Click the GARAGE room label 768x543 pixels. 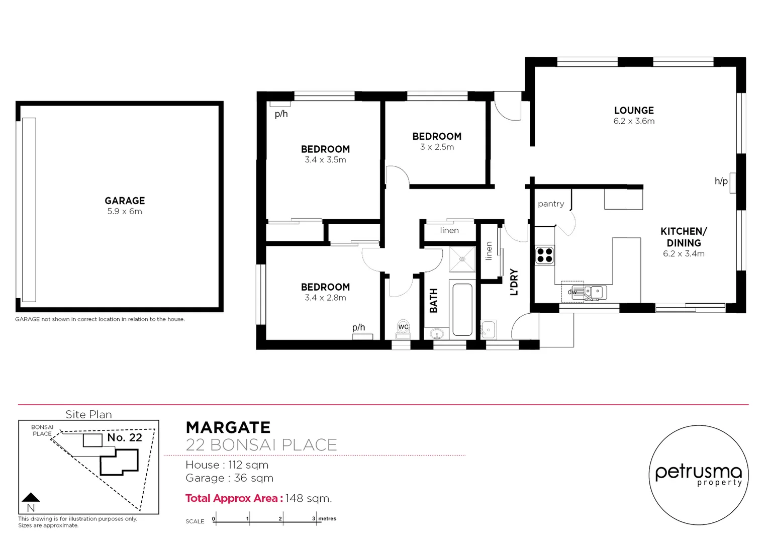click(x=125, y=201)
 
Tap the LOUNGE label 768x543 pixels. click(x=634, y=111)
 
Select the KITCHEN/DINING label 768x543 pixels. click(x=684, y=237)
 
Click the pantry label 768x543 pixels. click(x=551, y=204)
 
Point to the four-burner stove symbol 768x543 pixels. click(x=544, y=255)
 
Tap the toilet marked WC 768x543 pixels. click(x=403, y=328)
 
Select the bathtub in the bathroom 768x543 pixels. click(x=462, y=309)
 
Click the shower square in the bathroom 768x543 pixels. click(x=462, y=259)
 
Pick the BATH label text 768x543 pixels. click(x=433, y=301)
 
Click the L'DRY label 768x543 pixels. click(x=514, y=282)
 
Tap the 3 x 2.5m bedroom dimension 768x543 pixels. click(x=437, y=147)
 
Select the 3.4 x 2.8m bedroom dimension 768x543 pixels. click(x=325, y=298)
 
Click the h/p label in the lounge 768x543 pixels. click(x=721, y=181)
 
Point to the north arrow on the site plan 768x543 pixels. click(x=31, y=498)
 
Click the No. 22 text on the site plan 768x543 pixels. click(x=125, y=437)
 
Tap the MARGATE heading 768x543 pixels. click(x=228, y=427)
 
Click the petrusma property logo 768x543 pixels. click(x=698, y=475)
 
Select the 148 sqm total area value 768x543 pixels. click(x=308, y=498)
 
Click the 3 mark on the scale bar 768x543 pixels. click(x=314, y=518)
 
